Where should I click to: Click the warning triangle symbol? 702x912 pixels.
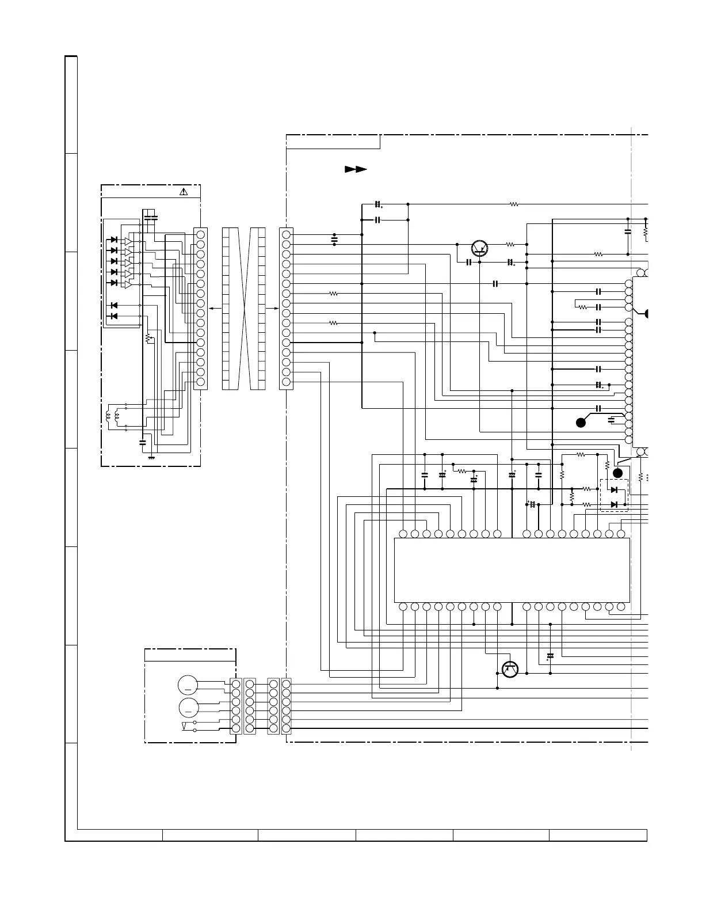pyautogui.click(x=184, y=192)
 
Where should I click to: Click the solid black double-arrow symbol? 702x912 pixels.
pyautogui.click(x=356, y=169)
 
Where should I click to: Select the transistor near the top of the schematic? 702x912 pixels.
pyautogui.click(x=479, y=248)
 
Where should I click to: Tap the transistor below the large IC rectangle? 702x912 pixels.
pyautogui.click(x=510, y=669)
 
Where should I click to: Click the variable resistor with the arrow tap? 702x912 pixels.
pyautogui.click(x=148, y=337)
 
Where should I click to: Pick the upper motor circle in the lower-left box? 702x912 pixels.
pyautogui.click(x=188, y=684)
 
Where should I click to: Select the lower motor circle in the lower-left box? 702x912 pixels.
pyautogui.click(x=188, y=706)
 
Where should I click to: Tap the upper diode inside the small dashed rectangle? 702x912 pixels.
pyautogui.click(x=614, y=489)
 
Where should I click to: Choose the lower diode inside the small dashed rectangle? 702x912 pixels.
pyautogui.click(x=614, y=504)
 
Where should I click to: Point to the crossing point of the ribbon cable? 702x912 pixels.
pyautogui.click(x=244, y=309)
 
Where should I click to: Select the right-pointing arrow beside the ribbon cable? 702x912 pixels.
pyautogui.click(x=276, y=309)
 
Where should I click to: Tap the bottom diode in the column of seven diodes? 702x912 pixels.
pyautogui.click(x=114, y=316)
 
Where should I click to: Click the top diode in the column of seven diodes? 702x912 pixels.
pyautogui.click(x=114, y=240)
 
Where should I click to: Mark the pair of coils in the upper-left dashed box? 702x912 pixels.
pyautogui.click(x=114, y=416)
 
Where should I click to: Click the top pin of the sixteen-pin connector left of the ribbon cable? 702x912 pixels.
pyautogui.click(x=200, y=234)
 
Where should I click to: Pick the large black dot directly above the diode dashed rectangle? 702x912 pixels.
pyautogui.click(x=618, y=473)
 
